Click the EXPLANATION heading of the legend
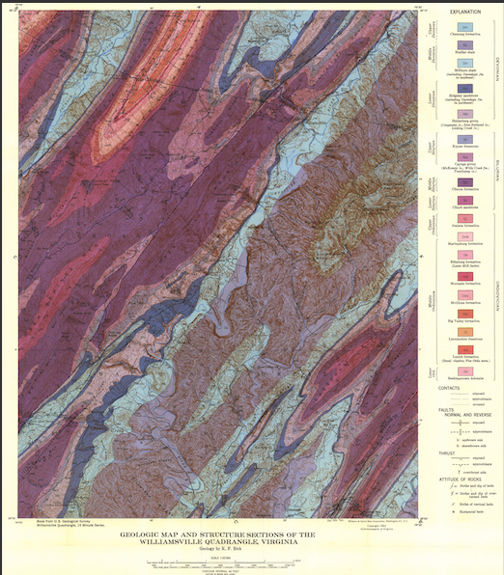click(x=465, y=13)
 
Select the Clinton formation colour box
click(x=465, y=177)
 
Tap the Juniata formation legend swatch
click(x=465, y=217)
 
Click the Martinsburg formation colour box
click(x=465, y=236)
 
